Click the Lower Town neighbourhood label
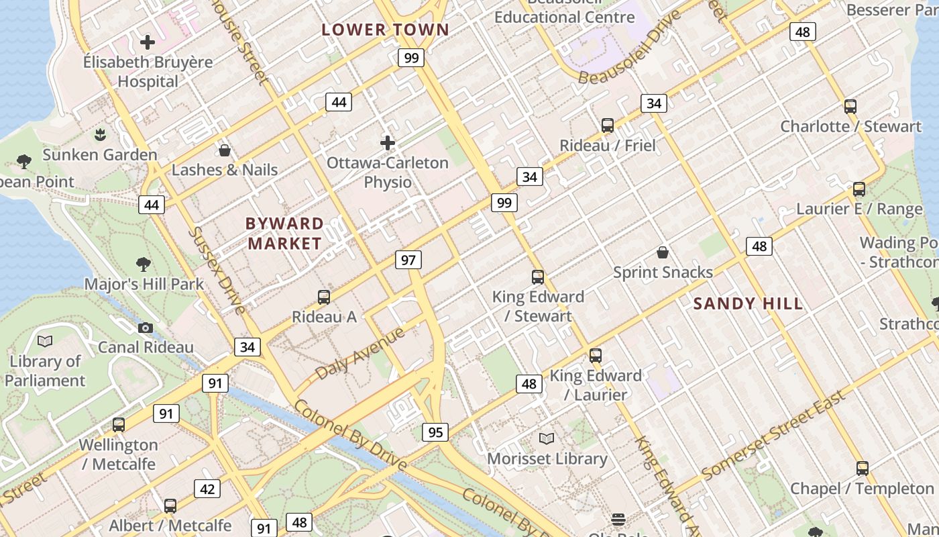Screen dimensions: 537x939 click(385, 30)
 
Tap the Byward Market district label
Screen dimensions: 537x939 click(285, 234)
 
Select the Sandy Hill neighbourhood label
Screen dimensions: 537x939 click(748, 303)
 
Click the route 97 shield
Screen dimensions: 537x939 click(408, 260)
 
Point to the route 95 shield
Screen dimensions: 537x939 click(435, 432)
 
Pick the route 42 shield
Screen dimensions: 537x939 click(207, 489)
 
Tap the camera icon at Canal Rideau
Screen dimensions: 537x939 click(146, 328)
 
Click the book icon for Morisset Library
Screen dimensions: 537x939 click(547, 439)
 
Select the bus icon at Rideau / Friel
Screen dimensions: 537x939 click(608, 126)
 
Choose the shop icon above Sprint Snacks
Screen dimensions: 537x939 click(663, 252)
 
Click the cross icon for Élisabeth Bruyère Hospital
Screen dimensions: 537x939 click(148, 42)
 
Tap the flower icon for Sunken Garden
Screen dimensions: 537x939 click(100, 135)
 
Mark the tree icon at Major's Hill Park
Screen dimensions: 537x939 click(144, 264)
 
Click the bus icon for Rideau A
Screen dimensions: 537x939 click(324, 297)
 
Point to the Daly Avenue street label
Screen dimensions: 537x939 click(360, 354)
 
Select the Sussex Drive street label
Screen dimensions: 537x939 click(217, 270)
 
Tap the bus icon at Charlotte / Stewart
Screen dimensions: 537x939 click(850, 106)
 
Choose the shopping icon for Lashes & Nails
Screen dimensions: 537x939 click(225, 150)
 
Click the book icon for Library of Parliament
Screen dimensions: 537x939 click(45, 342)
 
